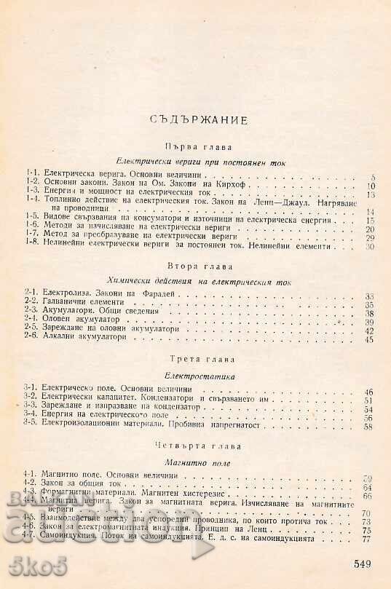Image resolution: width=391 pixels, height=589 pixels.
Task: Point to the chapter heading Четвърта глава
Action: pos(197,443)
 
